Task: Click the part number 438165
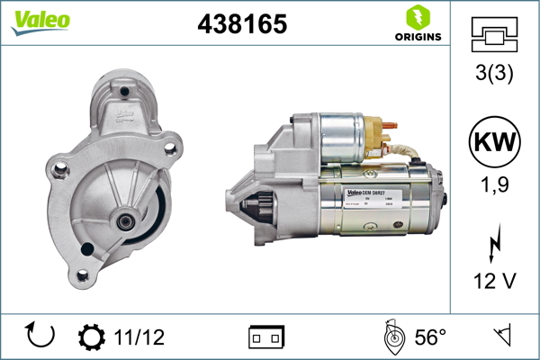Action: pos(242,24)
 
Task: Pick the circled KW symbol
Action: pos(494,142)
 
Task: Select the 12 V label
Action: pos(494,281)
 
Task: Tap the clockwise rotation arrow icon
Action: pos(41,337)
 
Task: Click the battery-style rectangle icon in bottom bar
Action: pos(265,337)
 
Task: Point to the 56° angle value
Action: pos(430,337)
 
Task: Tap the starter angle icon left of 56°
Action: pos(391,337)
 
